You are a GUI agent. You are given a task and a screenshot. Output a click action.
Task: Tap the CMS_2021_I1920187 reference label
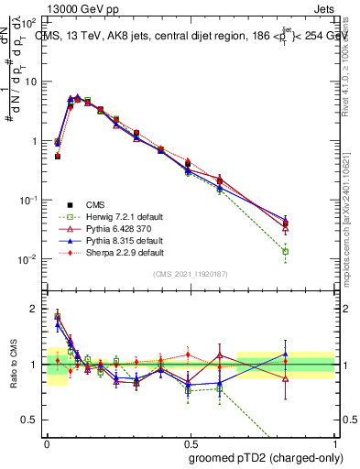click(x=191, y=274)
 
